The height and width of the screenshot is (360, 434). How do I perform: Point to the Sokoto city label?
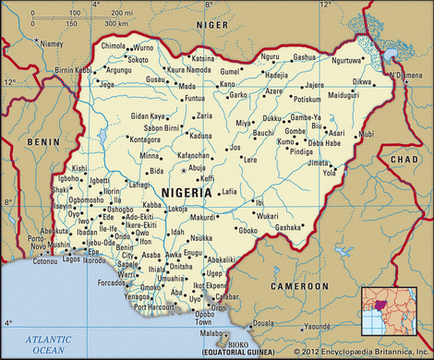coord(138,59)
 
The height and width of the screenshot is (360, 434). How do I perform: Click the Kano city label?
coord(227,84)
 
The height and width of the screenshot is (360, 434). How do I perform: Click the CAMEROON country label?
coord(301,287)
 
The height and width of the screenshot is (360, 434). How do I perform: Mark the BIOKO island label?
coord(238,343)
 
